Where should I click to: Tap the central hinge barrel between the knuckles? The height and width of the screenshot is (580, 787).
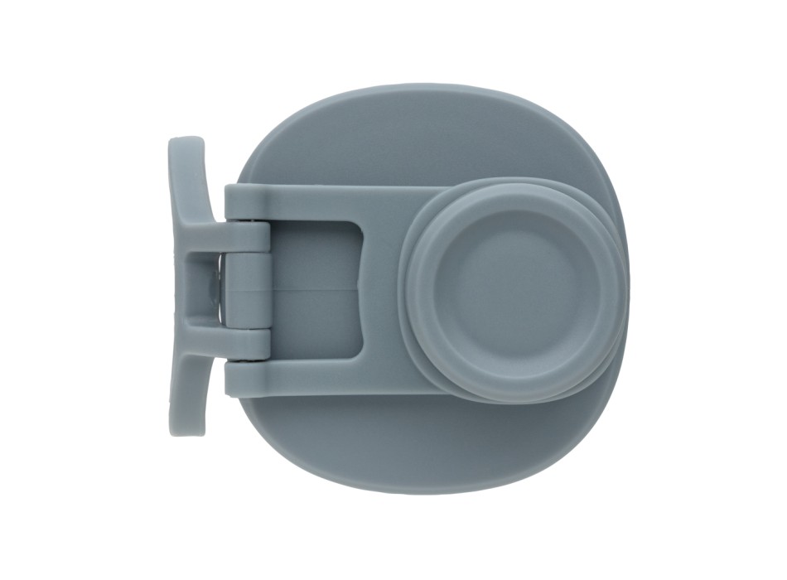(247, 288)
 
